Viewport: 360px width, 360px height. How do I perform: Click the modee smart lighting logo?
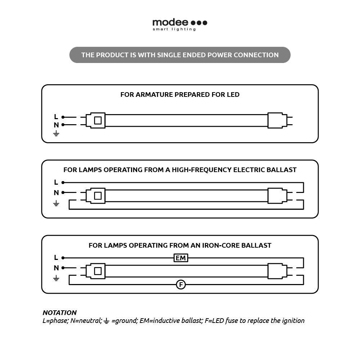pos(180,24)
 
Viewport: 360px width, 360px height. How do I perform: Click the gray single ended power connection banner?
pos(180,55)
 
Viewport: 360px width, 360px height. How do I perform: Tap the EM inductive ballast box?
pos(181,258)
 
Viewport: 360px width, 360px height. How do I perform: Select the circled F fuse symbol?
pos(181,285)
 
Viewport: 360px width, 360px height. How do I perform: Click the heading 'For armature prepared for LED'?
pos(180,95)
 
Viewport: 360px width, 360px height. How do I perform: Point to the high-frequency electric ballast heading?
pos(180,170)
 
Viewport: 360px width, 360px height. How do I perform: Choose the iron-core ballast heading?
pos(180,246)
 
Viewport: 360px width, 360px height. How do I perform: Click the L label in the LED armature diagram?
pos(56,117)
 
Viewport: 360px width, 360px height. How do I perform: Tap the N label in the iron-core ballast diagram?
pos(56,268)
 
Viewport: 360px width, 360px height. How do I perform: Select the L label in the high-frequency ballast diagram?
pos(56,182)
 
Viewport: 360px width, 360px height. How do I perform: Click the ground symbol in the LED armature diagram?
pos(56,134)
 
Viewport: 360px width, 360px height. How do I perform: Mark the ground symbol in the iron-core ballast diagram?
pos(56,278)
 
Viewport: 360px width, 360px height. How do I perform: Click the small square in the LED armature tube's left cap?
pos(98,121)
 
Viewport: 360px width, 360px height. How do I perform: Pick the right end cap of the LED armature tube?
pos(277,121)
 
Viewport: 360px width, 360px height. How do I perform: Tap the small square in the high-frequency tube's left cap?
pos(98,196)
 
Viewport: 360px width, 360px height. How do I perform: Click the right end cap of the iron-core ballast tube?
pos(277,271)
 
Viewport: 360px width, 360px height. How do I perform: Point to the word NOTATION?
pos(59,312)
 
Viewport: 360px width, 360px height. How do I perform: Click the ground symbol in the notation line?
pos(106,321)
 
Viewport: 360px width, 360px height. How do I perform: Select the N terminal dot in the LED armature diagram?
pos(63,125)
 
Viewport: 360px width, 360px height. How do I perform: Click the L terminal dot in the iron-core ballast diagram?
pos(63,258)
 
